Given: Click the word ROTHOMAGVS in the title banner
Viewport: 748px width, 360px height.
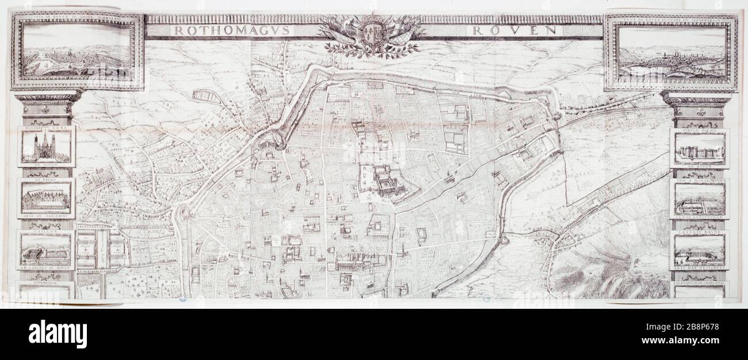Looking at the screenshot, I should [234, 30].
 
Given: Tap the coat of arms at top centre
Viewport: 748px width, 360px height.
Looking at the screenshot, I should [372, 35].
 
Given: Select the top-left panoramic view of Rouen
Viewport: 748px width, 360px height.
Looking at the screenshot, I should [78, 52].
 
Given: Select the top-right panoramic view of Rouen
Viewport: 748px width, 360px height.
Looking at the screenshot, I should [671, 52].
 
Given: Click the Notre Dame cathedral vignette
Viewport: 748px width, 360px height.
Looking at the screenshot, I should [46, 147].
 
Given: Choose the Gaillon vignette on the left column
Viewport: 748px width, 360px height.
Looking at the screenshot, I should [46, 248].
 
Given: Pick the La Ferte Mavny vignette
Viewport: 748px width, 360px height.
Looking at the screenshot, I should [699, 250].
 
